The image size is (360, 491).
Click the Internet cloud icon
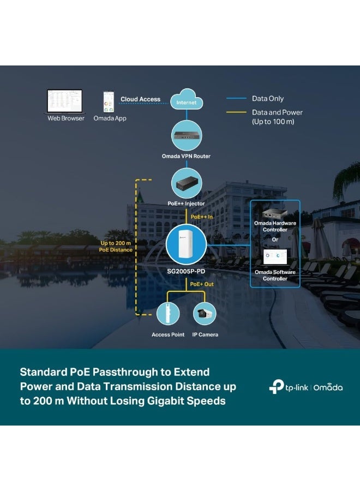187,99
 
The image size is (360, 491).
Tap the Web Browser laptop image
65,101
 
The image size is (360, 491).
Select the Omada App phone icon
109,102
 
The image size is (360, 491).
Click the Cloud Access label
141,99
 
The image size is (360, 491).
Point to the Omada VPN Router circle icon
187,136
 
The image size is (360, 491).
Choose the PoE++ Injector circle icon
187,183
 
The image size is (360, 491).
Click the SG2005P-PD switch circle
186,244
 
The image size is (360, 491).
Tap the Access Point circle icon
168,314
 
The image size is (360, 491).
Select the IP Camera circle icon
205,314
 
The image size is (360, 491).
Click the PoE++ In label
202,217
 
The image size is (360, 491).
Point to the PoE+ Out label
202,284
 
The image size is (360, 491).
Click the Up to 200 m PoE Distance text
116,247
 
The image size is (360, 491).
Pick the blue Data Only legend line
236,98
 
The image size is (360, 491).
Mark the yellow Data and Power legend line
236,112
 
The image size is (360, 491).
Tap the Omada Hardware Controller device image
274,213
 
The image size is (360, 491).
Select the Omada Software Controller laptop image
275,257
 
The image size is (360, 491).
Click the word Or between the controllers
275,239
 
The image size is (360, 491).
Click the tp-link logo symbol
276,386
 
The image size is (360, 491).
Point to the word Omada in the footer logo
328,388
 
